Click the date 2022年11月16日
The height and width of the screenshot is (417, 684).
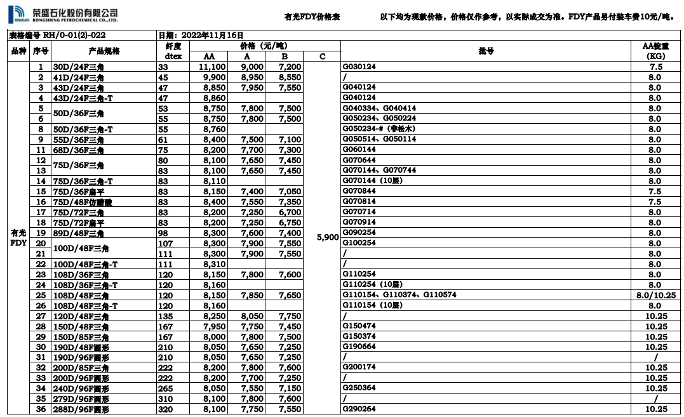click(200, 36)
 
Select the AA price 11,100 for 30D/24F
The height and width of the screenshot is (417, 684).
click(212, 67)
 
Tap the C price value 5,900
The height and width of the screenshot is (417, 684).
click(328, 237)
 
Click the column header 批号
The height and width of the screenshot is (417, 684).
click(486, 51)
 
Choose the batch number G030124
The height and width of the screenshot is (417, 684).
click(359, 67)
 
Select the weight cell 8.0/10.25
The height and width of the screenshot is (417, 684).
click(654, 295)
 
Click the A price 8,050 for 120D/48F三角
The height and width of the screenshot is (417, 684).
click(252, 316)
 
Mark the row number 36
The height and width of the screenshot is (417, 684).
click(41, 409)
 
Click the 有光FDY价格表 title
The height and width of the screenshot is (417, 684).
click(312, 17)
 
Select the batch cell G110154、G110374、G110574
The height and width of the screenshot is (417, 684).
click(399, 295)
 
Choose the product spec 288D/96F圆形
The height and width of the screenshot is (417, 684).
click(81, 409)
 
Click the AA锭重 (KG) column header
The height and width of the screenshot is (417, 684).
click(654, 51)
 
